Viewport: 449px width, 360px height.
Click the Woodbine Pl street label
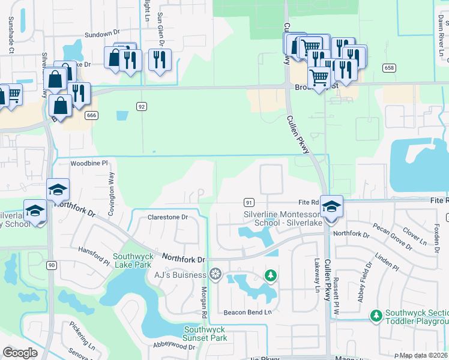tap(88, 163)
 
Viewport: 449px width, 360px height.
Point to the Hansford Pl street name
tap(94, 255)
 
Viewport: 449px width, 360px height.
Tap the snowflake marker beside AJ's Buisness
tap(215, 275)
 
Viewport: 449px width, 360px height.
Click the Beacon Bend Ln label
tap(248, 312)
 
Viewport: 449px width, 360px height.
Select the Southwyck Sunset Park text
tap(205, 334)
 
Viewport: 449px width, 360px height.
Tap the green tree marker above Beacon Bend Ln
tap(271, 275)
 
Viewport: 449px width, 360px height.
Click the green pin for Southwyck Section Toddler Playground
tap(376, 315)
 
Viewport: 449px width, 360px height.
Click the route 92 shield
tap(142, 107)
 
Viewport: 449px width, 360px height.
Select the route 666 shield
tap(91, 115)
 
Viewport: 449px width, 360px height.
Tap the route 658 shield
tap(390, 68)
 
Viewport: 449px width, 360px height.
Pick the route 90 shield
tap(52, 265)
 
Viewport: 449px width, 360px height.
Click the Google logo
tap(20, 353)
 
